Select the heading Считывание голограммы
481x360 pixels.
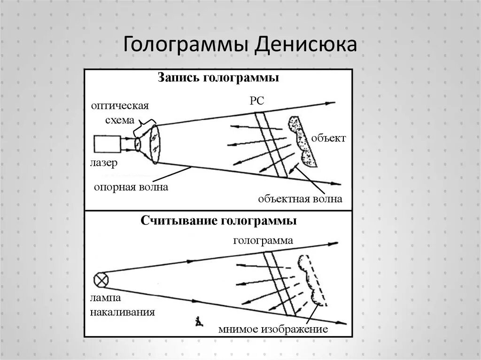pos(218,221)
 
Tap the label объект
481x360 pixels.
pos(328,138)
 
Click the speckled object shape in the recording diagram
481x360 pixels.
pos(302,140)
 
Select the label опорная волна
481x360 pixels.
pos(131,187)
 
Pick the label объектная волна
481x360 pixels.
pos(300,199)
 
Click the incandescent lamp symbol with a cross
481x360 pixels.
pos(101,280)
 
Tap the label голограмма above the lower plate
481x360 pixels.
pos(263,241)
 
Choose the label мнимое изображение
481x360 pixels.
pos(272,329)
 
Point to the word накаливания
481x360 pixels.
pos(123,312)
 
